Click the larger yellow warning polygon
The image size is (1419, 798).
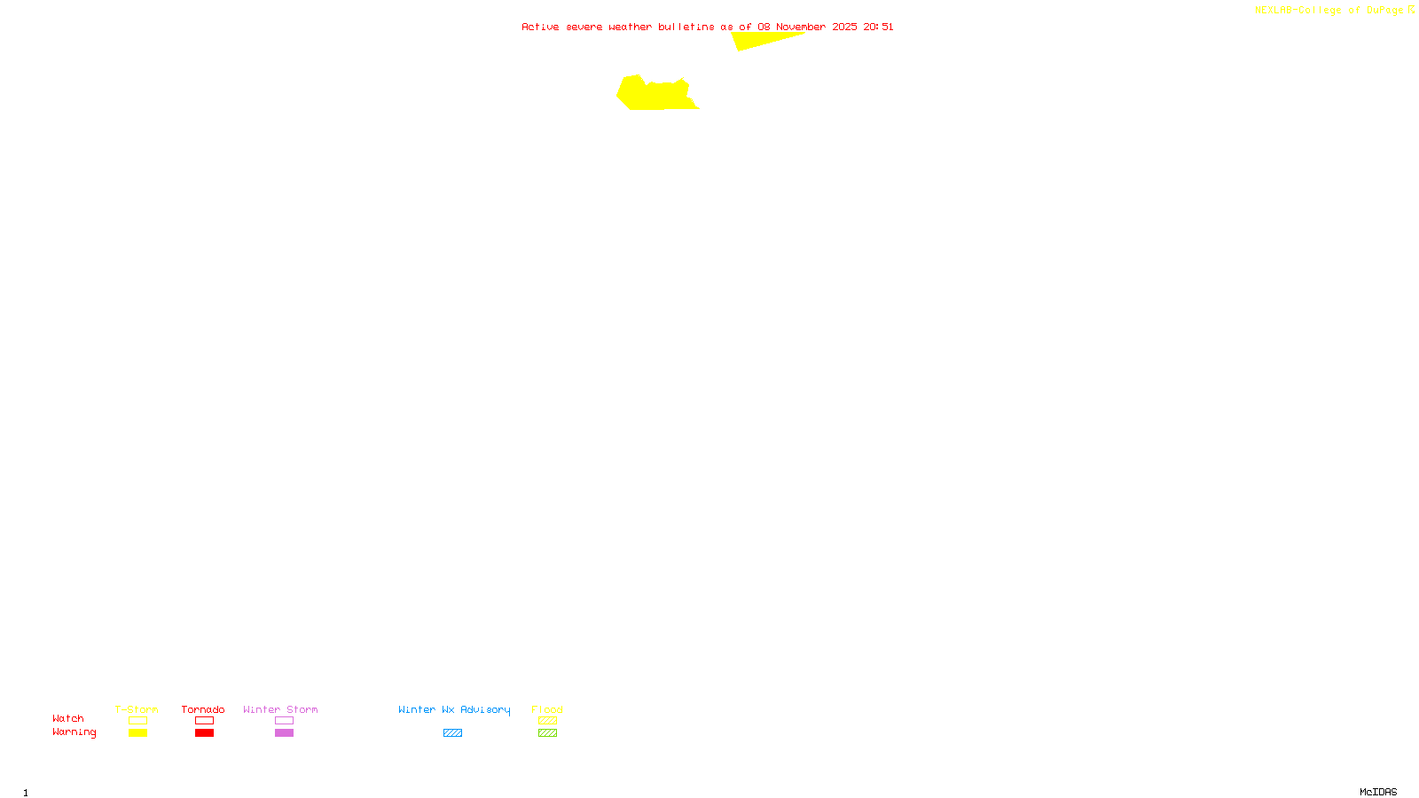point(656,95)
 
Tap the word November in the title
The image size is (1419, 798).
point(801,27)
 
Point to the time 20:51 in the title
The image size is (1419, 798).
point(878,27)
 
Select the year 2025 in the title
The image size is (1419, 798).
point(844,27)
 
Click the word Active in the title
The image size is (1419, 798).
point(540,27)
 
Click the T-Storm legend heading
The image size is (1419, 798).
point(137,709)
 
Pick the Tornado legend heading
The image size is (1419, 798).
point(203,709)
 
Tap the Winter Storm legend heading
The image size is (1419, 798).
point(280,709)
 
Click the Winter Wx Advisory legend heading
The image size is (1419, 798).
point(454,709)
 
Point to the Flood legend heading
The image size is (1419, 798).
point(547,709)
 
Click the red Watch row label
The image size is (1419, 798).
point(68,718)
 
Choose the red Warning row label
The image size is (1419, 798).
point(74,732)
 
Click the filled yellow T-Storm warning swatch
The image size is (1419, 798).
point(137,733)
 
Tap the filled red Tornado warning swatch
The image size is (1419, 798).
point(205,733)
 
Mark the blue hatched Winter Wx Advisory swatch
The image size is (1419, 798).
point(452,733)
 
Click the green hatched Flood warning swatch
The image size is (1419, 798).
point(547,733)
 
